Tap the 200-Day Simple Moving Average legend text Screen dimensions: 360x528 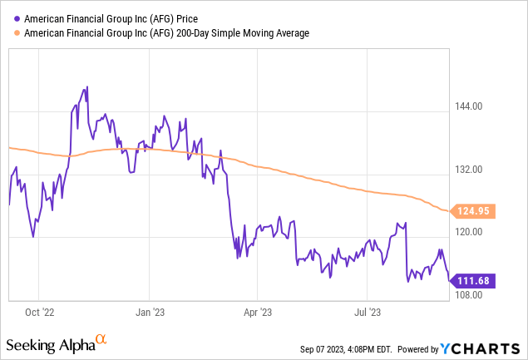tap(166, 32)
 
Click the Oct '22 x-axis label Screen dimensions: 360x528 tap(39, 313)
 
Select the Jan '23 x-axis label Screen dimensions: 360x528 tap(149, 313)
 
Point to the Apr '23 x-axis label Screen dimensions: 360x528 tap(257, 313)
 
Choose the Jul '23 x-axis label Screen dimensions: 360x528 tap(367, 313)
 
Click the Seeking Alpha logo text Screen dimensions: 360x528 tap(49, 343)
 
